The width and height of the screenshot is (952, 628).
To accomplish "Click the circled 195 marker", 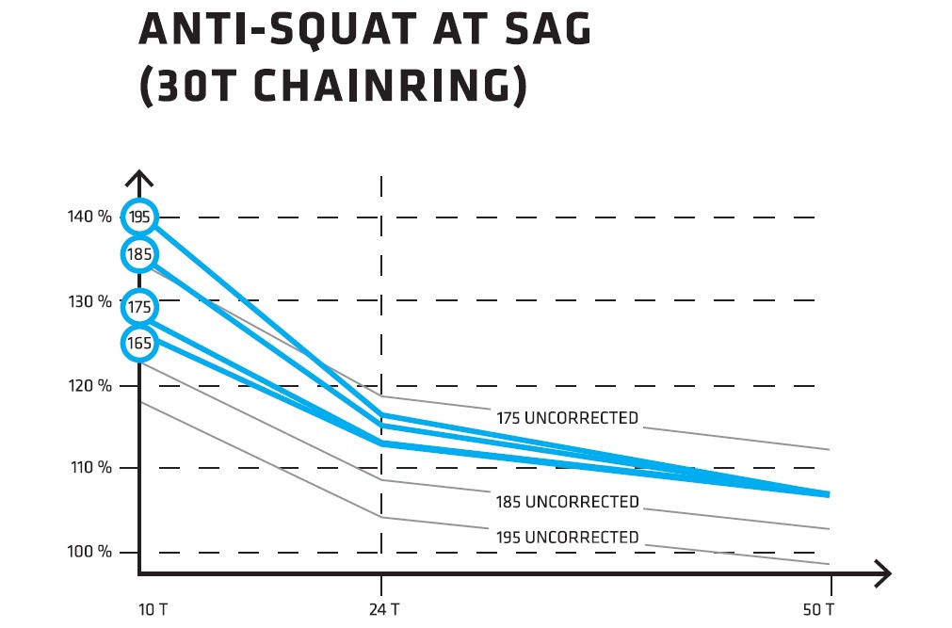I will [139, 217].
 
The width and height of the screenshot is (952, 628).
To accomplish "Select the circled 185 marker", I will [139, 254].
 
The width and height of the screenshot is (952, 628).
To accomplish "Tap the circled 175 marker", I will [139, 308].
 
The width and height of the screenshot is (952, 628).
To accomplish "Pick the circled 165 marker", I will [139, 344].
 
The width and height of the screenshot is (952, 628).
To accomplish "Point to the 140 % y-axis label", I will [89, 217].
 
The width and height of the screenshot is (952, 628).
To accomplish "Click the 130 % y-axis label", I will [89, 302].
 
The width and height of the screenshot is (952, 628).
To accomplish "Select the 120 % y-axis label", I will [89, 386].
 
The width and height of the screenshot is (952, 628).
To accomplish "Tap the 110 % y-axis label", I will [89, 468].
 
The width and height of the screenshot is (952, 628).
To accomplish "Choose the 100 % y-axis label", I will [89, 552].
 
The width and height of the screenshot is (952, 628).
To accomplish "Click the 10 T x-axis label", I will [153, 609].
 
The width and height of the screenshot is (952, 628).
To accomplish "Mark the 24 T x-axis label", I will [383, 609].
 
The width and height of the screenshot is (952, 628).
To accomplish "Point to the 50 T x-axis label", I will [817, 609].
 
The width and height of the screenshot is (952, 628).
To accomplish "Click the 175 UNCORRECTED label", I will [567, 418].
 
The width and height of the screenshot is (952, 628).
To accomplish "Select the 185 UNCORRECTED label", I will [567, 502].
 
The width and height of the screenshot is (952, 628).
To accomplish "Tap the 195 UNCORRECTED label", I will [567, 538].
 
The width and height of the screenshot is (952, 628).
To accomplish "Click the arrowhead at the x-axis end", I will [881, 572].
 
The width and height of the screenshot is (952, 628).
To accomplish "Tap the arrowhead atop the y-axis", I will [139, 178].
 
